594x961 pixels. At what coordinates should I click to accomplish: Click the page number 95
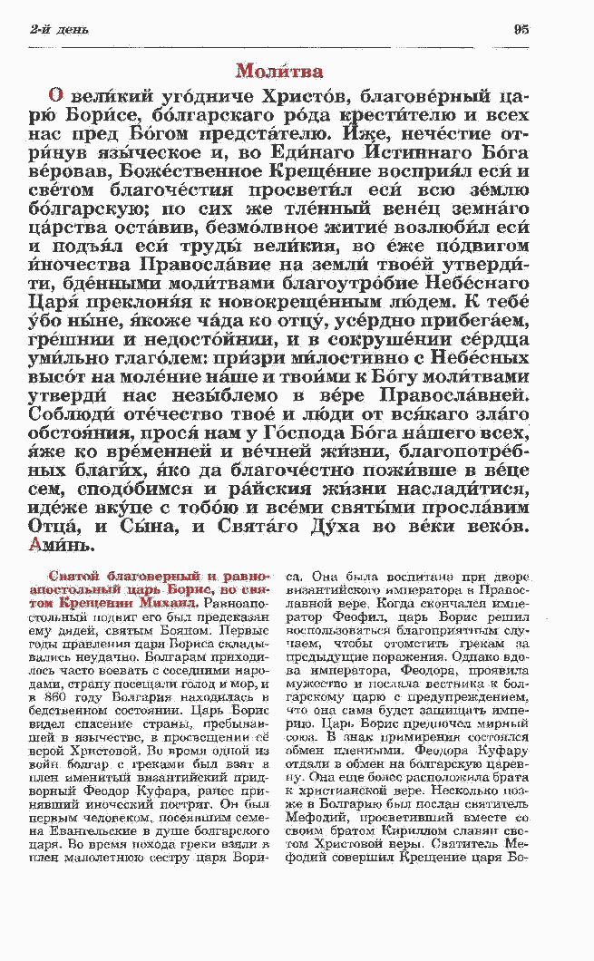pyautogui.click(x=521, y=29)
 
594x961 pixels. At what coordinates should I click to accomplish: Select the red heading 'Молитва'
pyautogui.click(x=279, y=71)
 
